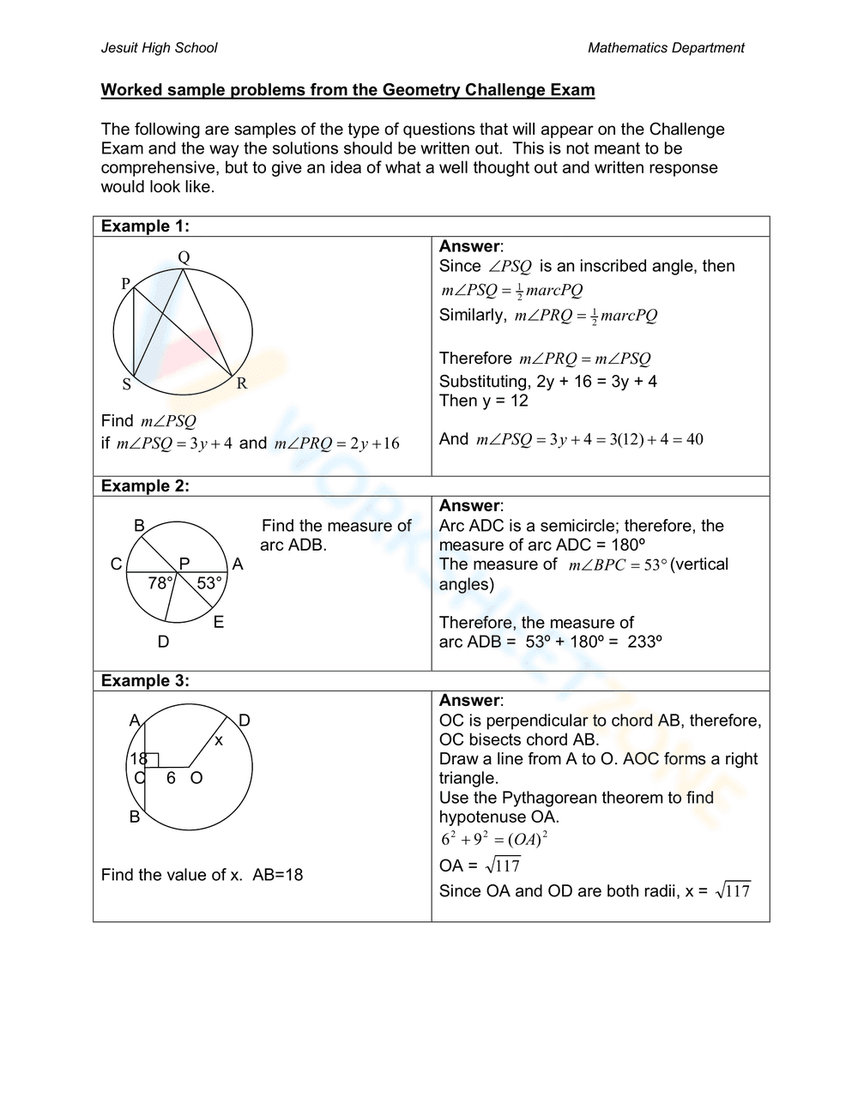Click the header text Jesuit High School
tap(159, 48)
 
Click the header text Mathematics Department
tap(666, 48)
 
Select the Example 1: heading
tap(145, 226)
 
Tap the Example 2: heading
tap(145, 486)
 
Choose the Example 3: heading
tap(145, 681)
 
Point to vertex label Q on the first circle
tap(184, 257)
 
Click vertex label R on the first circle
tap(242, 383)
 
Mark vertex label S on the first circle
tap(127, 384)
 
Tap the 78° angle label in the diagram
tap(160, 583)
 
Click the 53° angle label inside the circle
tap(209, 583)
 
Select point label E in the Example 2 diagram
tap(219, 622)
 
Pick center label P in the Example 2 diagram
tap(184, 564)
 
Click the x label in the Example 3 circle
tap(219, 739)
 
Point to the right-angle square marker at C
tap(152, 760)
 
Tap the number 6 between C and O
tap(171, 778)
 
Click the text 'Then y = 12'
tap(484, 401)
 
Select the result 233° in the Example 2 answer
tap(644, 642)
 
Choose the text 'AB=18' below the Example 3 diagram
tap(277, 875)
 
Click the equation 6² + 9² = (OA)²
tap(494, 839)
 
